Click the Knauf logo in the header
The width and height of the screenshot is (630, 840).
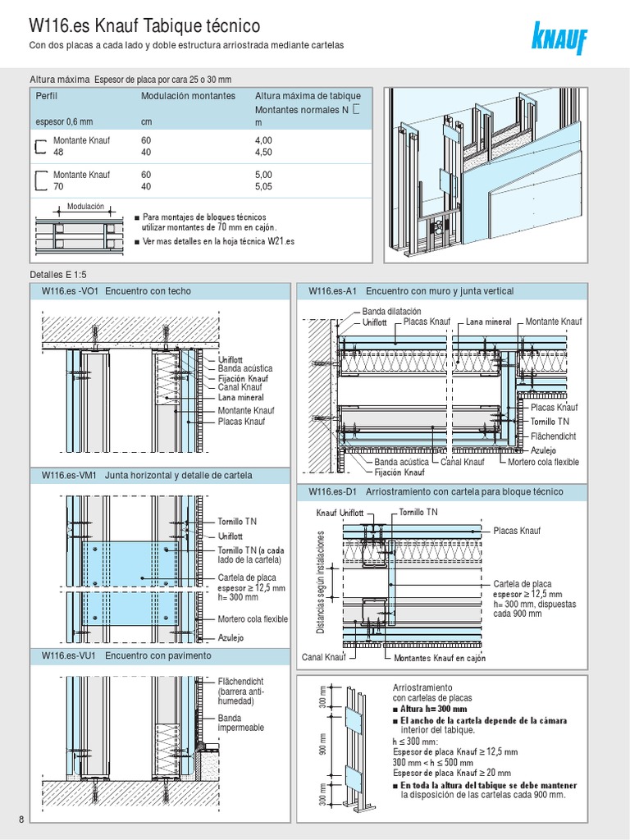coord(560,38)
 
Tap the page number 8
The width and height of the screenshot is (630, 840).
coord(20,819)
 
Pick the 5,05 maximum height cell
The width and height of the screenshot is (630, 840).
coord(266,186)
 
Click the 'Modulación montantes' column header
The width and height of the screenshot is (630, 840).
coord(188,96)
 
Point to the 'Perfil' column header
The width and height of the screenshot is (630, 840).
coord(48,96)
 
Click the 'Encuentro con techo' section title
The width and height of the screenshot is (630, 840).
coord(148,291)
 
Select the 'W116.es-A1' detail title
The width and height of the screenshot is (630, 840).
coord(332,291)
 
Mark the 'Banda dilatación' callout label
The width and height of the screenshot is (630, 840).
coord(391,312)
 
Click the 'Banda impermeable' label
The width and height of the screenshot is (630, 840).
coord(241,723)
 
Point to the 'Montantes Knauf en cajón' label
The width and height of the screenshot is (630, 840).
coord(440,658)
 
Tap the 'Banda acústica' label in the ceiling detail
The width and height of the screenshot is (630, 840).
coord(245,369)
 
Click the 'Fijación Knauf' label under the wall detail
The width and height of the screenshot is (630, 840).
coord(399,472)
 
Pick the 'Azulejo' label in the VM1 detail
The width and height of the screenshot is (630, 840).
coord(232,637)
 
